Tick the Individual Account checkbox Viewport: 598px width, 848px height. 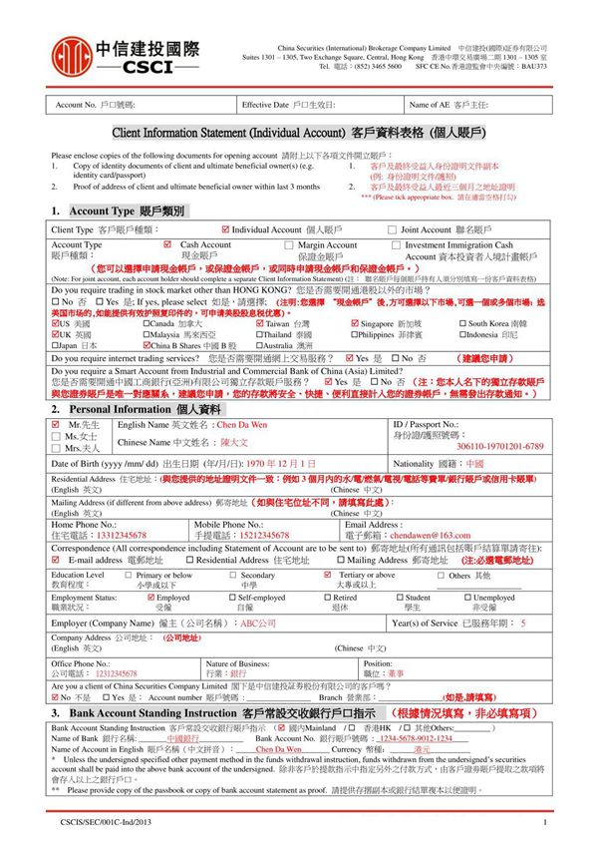pos(225,229)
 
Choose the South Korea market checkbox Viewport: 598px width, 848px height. pos(462,323)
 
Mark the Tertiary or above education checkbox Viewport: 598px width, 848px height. pos(328,575)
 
